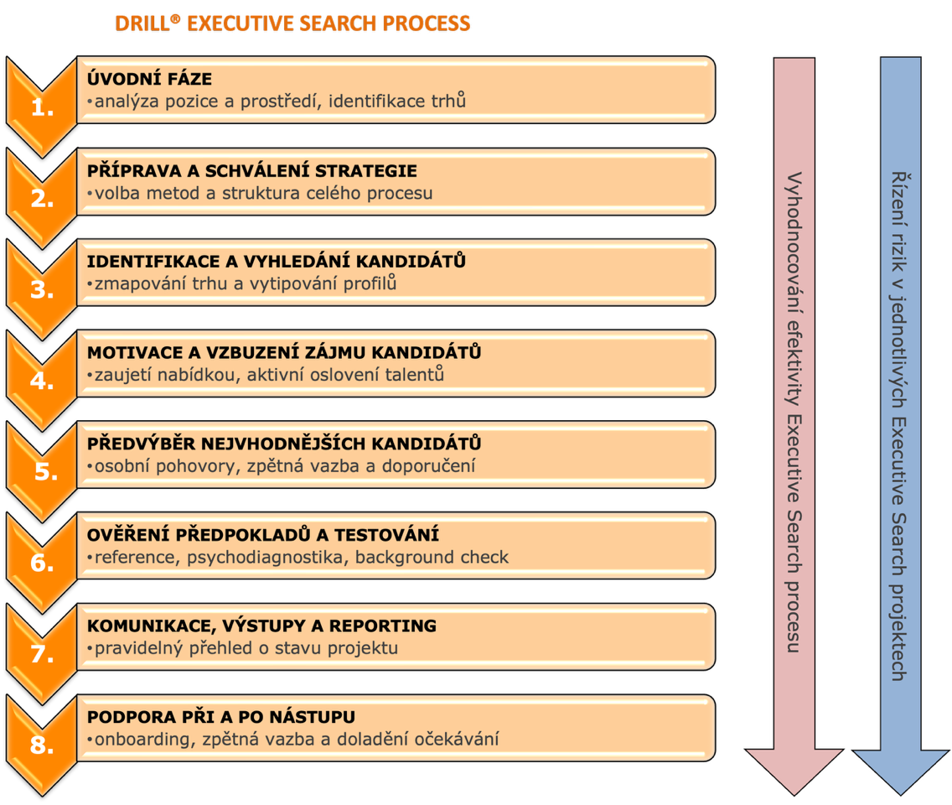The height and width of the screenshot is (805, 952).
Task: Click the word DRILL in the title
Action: tap(142, 23)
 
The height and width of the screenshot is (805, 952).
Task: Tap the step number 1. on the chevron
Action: tap(43, 107)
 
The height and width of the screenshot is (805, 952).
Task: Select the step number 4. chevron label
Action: tap(42, 381)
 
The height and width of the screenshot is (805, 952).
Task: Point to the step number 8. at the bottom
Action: tap(42, 745)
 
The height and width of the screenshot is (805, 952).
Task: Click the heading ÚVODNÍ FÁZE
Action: tap(149, 78)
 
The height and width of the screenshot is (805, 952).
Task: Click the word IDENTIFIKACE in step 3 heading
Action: tap(153, 262)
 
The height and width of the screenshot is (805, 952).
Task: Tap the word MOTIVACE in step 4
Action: tap(135, 353)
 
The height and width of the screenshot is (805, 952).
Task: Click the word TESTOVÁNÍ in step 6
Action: tap(387, 535)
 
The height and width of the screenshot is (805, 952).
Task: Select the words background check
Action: tap(432, 557)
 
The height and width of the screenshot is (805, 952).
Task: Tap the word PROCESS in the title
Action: tap(427, 23)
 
